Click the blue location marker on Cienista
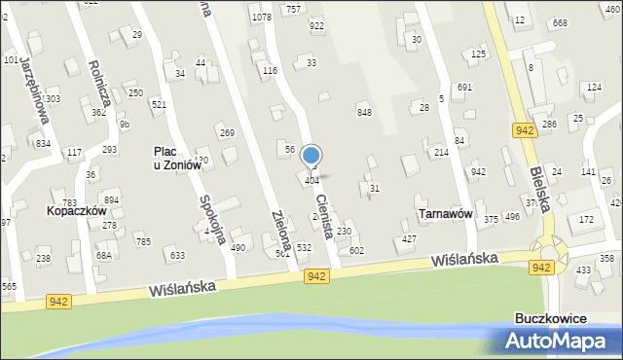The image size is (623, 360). tap(311, 156)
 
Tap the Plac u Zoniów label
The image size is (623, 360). tap(177, 158)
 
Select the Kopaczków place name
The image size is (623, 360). tap(75, 209)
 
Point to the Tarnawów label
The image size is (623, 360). tap(445, 213)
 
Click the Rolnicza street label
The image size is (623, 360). tap(98, 90)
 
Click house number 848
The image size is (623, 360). tap(364, 113)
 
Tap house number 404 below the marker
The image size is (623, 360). tap(312, 181)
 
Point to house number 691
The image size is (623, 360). tap(464, 88)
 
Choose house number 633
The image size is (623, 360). tap(177, 256)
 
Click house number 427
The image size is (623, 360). tap(410, 238)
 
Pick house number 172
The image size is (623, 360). tap(586, 220)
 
